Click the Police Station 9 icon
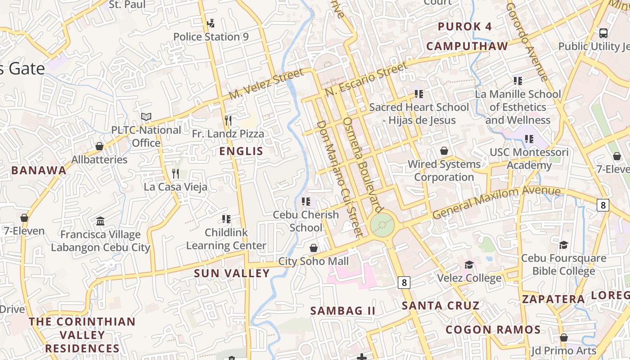tap(211, 23)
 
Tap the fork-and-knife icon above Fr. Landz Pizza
tap(228, 120)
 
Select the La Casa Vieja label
tap(175, 187)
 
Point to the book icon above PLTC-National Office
tap(146, 117)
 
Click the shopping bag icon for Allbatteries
tap(99, 146)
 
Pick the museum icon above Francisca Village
tap(100, 221)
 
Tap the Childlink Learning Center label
tap(226, 239)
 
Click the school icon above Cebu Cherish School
tap(306, 201)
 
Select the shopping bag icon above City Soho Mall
tap(314, 248)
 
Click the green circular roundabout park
tap(382, 224)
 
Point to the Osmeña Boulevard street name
tap(362, 165)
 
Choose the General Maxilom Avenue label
tap(496, 202)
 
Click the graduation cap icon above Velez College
tap(469, 265)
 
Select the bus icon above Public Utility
tap(603, 33)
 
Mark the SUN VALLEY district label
tap(232, 273)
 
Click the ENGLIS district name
tap(241, 151)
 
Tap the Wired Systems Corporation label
tap(444, 171)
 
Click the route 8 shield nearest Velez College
tap(404, 283)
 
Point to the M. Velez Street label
tap(266, 85)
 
